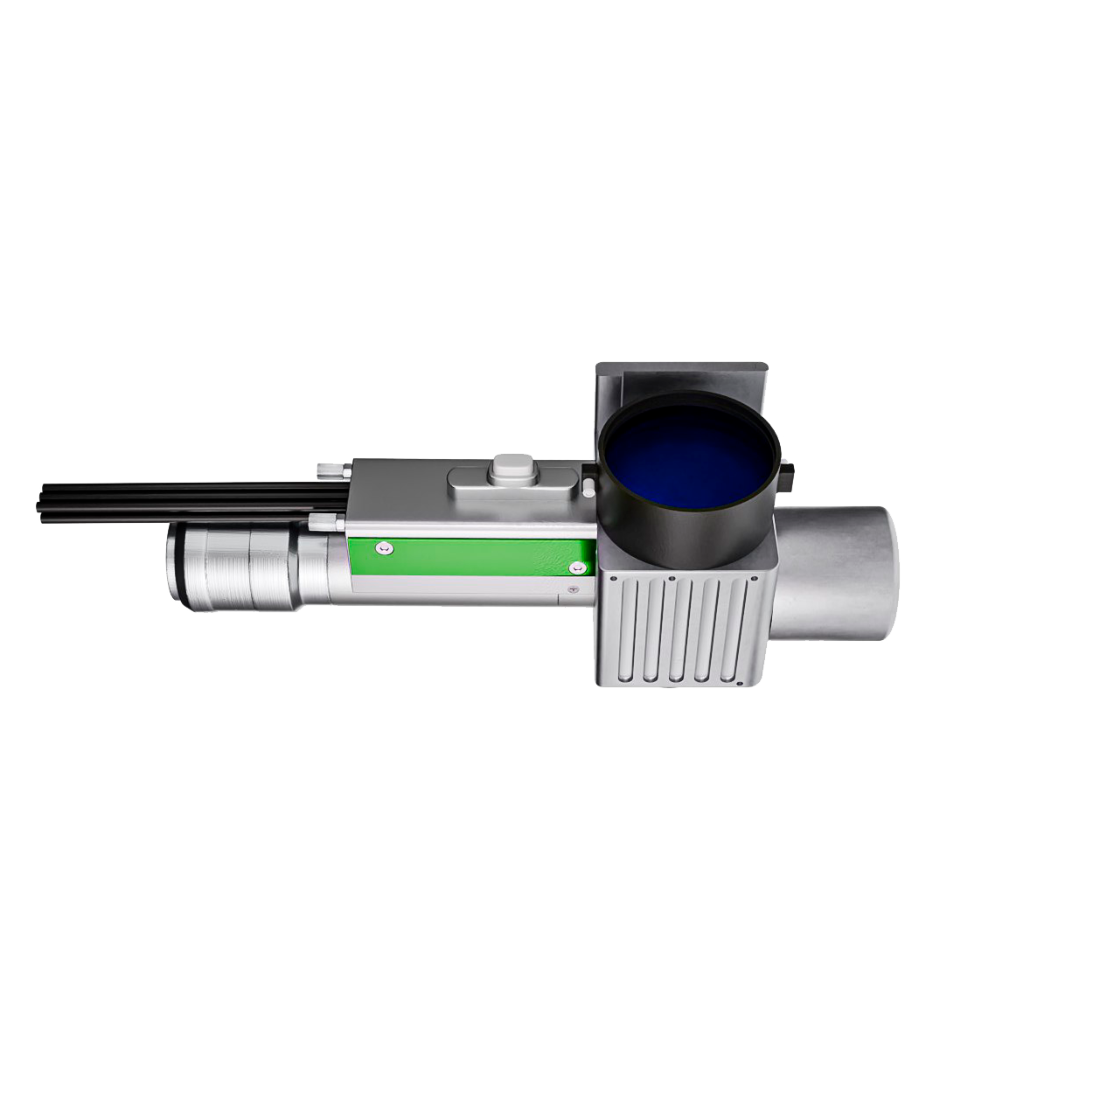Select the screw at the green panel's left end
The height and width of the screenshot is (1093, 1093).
pyautogui.click(x=382, y=548)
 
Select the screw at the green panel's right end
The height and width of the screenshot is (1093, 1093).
pyautogui.click(x=574, y=568)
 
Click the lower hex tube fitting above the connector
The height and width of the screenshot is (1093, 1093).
pyautogui.click(x=326, y=523)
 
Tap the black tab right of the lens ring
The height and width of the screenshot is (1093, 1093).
pyautogui.click(x=789, y=477)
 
